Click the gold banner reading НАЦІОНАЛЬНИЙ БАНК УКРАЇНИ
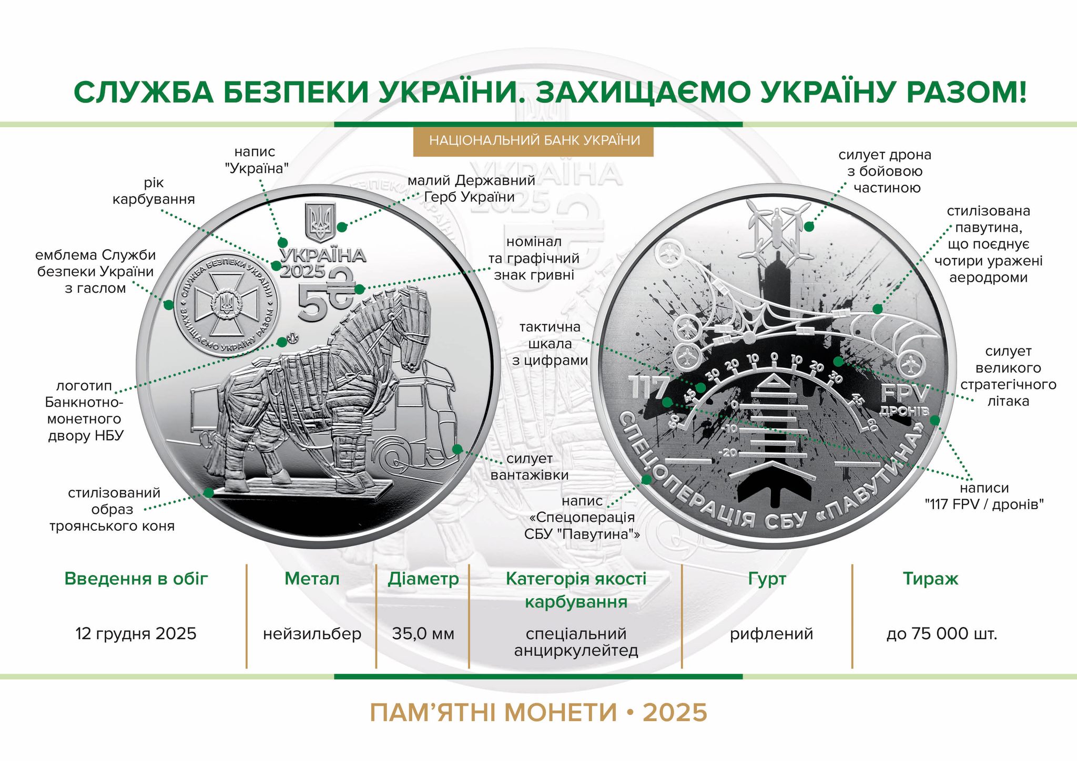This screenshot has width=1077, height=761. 533,141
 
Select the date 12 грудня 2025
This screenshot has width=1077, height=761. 136,634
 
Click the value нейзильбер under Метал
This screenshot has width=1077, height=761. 312,634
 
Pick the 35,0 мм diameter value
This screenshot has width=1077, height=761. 423,634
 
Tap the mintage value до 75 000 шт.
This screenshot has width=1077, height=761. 942,634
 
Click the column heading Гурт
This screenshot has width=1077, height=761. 767,579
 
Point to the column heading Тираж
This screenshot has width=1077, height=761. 931,579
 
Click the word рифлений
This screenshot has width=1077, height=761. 771,634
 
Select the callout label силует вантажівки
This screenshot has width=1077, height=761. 530,467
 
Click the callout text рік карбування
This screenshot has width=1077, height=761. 154,191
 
